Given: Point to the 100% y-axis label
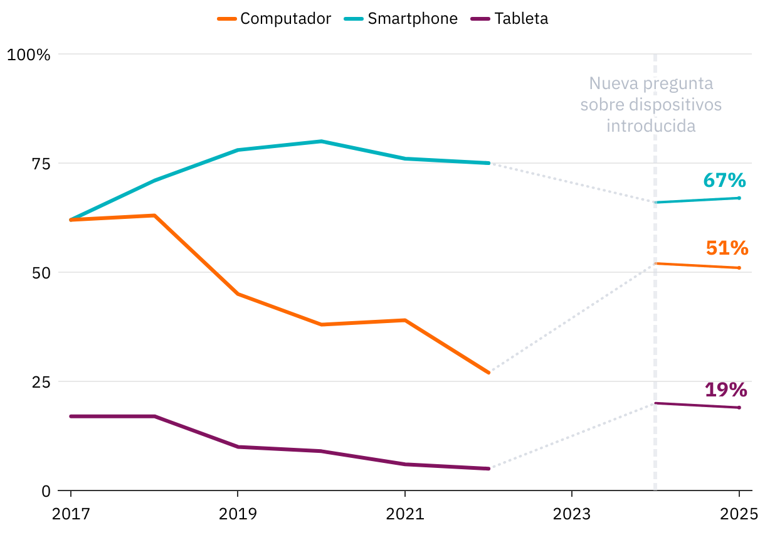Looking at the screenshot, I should (28, 55).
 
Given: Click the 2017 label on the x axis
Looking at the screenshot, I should (71, 514).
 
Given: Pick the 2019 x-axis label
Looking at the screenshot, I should (238, 514).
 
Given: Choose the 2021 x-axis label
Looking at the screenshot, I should (405, 514).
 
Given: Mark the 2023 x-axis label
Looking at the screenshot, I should (572, 514).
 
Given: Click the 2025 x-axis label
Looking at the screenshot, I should (739, 514).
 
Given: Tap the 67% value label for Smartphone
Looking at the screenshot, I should (724, 181).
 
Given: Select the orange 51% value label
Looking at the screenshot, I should (727, 248).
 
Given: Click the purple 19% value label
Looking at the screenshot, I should (725, 390).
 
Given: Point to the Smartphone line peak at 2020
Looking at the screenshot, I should (321, 141).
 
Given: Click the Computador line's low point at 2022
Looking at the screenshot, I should (488, 373).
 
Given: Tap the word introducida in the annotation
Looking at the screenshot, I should (651, 126).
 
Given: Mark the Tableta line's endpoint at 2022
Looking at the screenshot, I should (488, 469).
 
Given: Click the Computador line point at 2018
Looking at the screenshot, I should (154, 215).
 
